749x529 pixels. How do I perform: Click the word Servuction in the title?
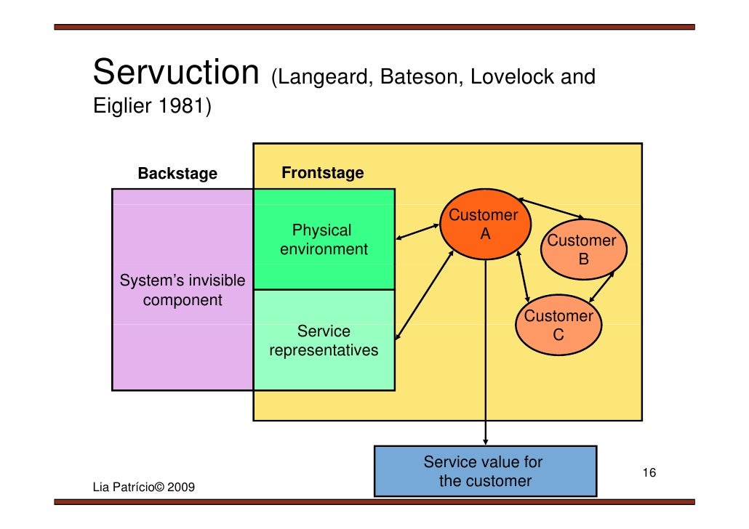click(x=176, y=73)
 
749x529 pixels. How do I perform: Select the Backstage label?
click(x=177, y=174)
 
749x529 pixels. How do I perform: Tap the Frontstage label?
click(x=322, y=173)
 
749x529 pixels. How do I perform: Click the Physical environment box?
click(x=324, y=240)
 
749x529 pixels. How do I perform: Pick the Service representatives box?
click(x=324, y=341)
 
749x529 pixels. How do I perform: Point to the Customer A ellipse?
click(x=483, y=225)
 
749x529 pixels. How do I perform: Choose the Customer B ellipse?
click(x=582, y=249)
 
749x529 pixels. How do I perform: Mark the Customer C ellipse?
click(x=558, y=325)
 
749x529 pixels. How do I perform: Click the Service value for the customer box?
click(x=484, y=472)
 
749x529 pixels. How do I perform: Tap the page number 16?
click(x=649, y=474)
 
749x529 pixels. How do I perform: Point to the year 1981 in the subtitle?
click(x=184, y=107)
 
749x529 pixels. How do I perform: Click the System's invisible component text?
click(x=182, y=290)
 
